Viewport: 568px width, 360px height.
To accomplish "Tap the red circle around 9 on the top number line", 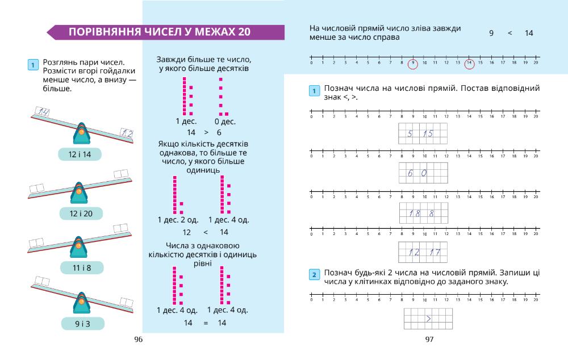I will pyautogui.click(x=413, y=64).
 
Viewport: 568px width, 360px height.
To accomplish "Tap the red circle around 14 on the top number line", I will pyautogui.click(x=469, y=64).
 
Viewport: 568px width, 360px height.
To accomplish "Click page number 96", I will pyautogui.click(x=138, y=340).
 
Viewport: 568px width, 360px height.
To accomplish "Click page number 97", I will pyautogui.click(x=429, y=340).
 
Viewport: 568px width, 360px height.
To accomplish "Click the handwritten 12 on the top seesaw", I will pyautogui.click(x=126, y=134).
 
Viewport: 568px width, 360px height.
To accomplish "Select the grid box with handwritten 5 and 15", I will pyautogui.click(x=423, y=134).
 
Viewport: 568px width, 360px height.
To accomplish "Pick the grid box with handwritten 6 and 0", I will pyautogui.click(x=423, y=173).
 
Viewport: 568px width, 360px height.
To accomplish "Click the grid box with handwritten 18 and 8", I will pyautogui.click(x=424, y=213).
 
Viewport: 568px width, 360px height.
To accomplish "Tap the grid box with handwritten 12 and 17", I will pyautogui.click(x=424, y=252).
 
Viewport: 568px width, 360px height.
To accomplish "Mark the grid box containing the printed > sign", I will pyautogui.click(x=428, y=319).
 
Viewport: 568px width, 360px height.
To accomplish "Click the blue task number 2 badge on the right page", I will pyautogui.click(x=314, y=275).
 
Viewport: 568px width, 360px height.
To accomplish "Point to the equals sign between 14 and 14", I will pyautogui.click(x=206, y=323).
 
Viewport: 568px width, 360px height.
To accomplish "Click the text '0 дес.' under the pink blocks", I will pyautogui.click(x=225, y=122).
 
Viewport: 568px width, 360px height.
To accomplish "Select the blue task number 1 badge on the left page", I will pyautogui.click(x=33, y=65).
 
